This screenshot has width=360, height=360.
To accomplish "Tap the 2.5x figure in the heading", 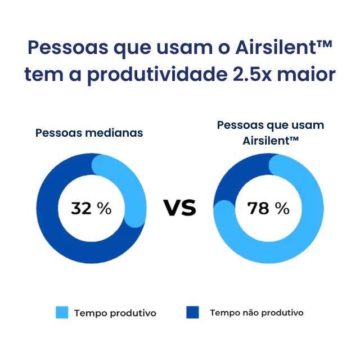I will pos(258,75).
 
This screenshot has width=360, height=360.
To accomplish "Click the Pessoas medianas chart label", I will pos(89,133).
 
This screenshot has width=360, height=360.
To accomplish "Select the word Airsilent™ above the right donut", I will pos(270,140).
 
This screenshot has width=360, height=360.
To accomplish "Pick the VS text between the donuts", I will pos(180,208).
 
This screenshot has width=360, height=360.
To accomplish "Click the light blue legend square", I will pos(62,313).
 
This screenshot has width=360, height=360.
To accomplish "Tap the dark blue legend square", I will pos(192,313).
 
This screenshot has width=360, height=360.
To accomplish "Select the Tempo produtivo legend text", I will pos(115,313).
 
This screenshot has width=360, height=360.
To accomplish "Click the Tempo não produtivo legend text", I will pos(256,313).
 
